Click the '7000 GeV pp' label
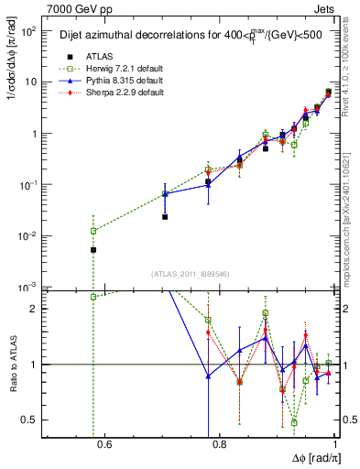point(71,7)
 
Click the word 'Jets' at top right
point(325,7)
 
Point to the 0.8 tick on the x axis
point(219,446)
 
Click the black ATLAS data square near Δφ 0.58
point(93,249)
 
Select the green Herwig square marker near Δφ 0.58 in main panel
point(93,231)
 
